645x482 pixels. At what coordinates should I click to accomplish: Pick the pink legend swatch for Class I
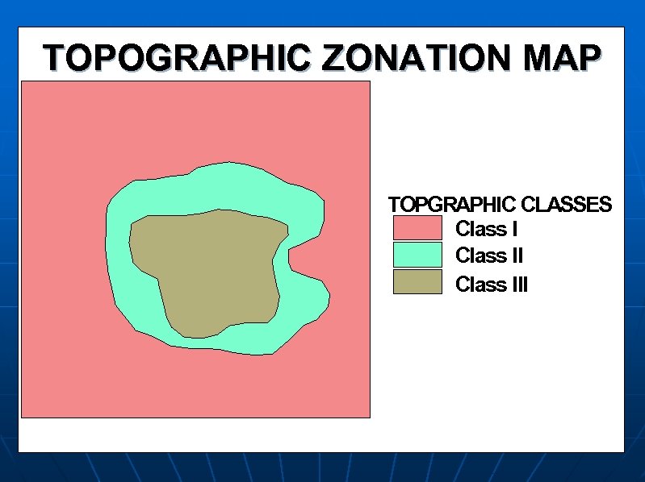coord(417,228)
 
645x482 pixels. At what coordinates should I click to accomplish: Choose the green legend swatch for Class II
coord(417,256)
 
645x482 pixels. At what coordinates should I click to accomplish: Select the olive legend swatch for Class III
coord(417,282)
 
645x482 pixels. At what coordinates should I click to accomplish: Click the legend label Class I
coord(486,229)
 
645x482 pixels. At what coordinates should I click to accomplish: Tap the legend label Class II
coord(489,256)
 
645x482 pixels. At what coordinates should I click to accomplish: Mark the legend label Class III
coord(492,285)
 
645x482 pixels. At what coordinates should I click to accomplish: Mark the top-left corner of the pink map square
coord(21,81)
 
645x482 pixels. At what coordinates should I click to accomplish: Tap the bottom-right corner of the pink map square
coord(369,417)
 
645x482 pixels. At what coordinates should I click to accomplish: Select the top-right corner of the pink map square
coord(369,81)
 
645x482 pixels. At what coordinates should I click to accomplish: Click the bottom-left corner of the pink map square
coord(21,417)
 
